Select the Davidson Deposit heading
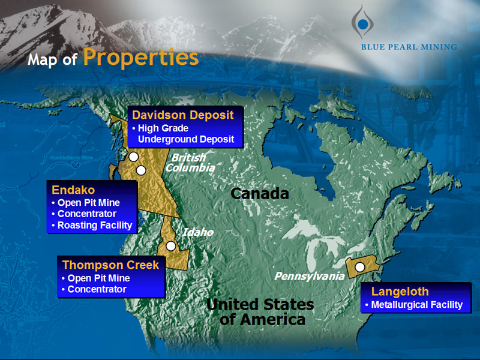point(183,115)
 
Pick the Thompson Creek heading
point(110,265)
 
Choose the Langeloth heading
point(400,292)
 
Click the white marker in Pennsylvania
point(360,267)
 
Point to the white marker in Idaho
point(171,246)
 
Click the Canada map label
point(260,194)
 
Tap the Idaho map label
point(198,232)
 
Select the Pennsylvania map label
point(309,276)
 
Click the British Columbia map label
point(190,163)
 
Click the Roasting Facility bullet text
point(95,226)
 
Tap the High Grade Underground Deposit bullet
point(186,134)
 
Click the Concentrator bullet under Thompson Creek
point(97,289)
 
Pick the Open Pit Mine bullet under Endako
point(88,203)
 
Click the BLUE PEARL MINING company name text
point(409,47)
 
